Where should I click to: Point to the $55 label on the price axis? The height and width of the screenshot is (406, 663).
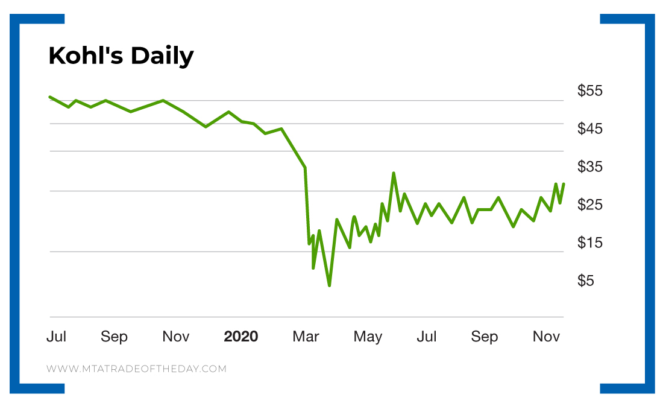590,91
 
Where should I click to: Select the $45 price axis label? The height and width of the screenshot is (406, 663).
590,129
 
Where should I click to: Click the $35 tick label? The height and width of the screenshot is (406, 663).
590,167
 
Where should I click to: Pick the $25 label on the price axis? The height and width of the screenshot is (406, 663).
590,205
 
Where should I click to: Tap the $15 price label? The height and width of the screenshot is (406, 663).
590,243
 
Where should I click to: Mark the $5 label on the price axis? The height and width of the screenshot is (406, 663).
586,281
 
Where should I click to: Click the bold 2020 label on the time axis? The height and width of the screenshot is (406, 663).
240,337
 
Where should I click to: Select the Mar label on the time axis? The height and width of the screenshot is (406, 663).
306,337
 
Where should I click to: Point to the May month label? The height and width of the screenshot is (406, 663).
368,337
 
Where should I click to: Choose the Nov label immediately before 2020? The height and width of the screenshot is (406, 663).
176,337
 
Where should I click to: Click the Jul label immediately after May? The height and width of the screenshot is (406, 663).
427,337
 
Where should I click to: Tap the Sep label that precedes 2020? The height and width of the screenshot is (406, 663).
114,337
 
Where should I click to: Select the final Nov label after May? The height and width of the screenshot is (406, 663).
546,337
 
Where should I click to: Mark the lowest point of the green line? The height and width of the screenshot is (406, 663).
329,285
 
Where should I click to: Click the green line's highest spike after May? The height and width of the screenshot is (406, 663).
394,173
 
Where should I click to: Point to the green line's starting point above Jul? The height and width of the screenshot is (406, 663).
50,97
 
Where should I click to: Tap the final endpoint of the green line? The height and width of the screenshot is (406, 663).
564,183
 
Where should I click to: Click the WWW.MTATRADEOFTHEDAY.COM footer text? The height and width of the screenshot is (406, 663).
136,369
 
